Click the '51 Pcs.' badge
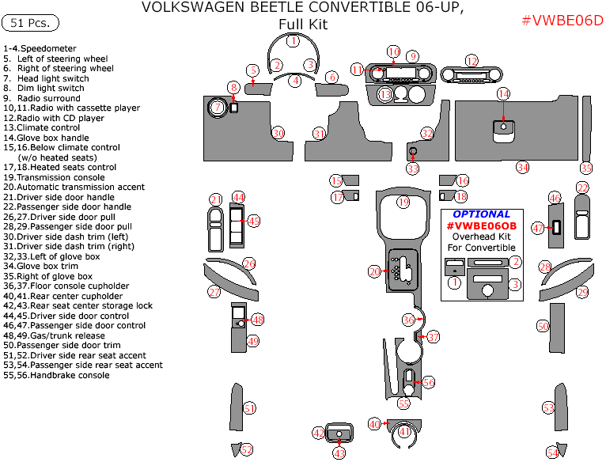(x=31, y=23)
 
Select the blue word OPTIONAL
(x=481, y=214)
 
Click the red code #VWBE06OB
(x=481, y=225)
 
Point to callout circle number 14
(x=503, y=94)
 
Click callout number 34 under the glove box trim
(x=522, y=167)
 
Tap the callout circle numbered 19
(x=403, y=203)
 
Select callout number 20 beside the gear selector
(x=374, y=271)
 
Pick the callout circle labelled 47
(x=538, y=228)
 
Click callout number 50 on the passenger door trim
(x=543, y=326)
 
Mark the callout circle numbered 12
(x=472, y=61)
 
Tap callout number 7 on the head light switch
(x=216, y=107)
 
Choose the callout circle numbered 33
(x=413, y=168)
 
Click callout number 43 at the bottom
(x=339, y=453)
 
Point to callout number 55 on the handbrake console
(x=403, y=403)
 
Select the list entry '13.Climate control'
(x=42, y=127)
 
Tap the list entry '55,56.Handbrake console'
(x=56, y=375)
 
